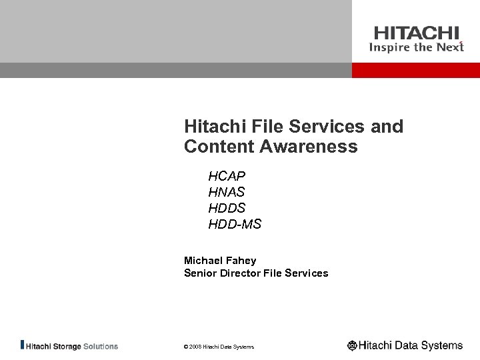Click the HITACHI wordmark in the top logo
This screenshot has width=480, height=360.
coord(416,33)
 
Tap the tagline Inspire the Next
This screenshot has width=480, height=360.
coord(416,47)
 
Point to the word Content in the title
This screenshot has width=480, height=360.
coord(217,147)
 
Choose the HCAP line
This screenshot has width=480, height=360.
coord(227,177)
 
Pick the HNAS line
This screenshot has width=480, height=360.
coord(227,193)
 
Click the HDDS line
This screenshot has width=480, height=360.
coord(227,209)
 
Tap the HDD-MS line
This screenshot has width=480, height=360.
coord(235,225)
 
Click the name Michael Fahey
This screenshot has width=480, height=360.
coord(220,260)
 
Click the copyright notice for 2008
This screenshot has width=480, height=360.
coord(219,347)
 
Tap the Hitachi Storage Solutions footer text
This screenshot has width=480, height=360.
coord(72,346)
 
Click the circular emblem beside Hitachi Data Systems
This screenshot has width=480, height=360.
coord(352,345)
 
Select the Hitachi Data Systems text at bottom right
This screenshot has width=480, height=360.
coord(411,345)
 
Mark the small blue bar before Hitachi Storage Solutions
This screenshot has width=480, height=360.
coord(23,346)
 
